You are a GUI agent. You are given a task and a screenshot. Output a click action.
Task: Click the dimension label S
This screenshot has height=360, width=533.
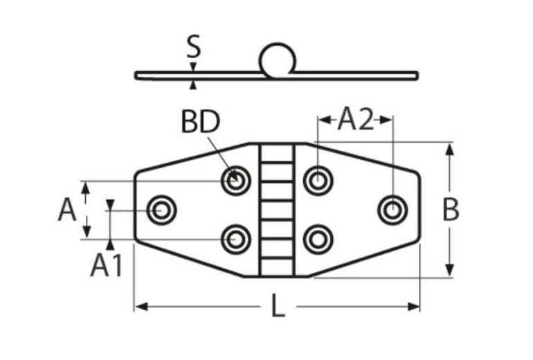click(194, 48)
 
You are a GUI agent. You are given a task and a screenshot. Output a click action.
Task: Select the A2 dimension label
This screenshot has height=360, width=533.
click(355, 120)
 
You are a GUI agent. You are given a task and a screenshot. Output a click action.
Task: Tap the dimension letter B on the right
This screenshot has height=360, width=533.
click(451, 210)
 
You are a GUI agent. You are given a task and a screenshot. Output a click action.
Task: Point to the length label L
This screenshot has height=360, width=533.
click(277, 306)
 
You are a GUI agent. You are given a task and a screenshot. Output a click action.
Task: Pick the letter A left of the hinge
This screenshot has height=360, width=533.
click(66, 210)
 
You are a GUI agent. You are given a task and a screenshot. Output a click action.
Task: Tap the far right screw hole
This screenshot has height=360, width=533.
click(392, 208)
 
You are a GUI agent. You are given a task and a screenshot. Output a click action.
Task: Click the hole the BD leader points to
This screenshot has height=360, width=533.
click(236, 181)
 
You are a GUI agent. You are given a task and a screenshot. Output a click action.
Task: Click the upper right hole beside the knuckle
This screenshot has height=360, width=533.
click(318, 181)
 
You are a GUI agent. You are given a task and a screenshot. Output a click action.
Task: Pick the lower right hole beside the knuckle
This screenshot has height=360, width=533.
click(318, 239)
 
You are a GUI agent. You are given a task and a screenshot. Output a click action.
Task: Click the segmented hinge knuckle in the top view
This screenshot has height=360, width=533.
click(277, 210)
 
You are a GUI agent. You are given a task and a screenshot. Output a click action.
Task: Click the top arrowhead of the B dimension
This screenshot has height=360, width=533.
click(451, 148)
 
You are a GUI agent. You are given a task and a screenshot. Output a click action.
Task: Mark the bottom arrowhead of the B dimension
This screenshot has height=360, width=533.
click(451, 271)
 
